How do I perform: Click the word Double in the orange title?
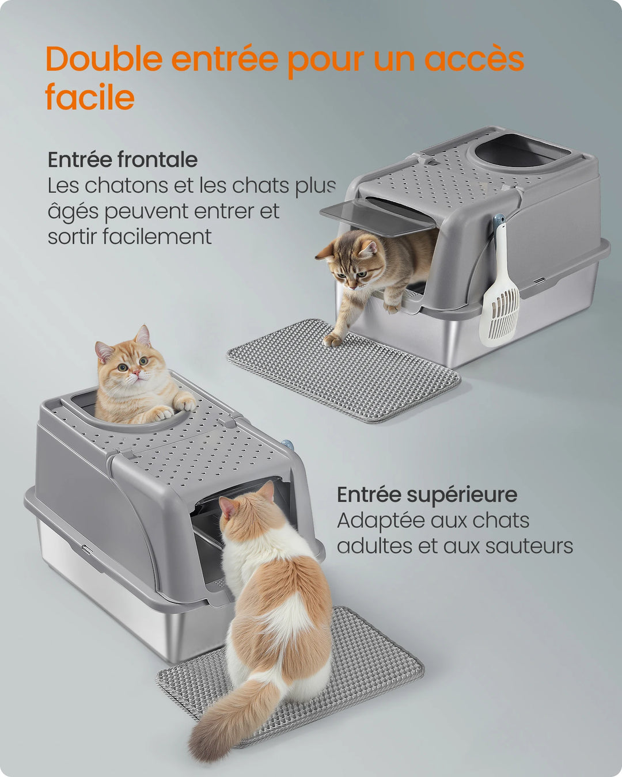pyautogui.click(x=104, y=59)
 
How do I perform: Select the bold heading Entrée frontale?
pyautogui.click(x=122, y=159)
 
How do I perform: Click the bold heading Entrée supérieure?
pyautogui.click(x=427, y=494)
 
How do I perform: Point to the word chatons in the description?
pyautogui.click(x=120, y=186)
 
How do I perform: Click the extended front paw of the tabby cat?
pyautogui.click(x=333, y=340)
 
